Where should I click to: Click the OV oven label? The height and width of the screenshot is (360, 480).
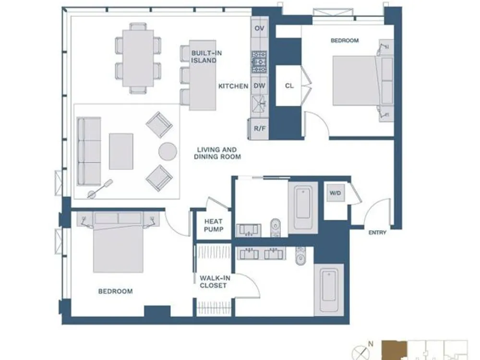point(259,28)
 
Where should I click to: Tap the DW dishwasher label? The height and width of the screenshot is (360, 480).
point(259,86)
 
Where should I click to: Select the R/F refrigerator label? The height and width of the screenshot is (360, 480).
point(260,129)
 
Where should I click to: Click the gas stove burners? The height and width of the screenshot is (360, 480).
point(259,62)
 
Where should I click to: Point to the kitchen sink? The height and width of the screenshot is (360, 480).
point(259,104)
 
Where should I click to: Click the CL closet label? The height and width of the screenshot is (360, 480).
point(289,86)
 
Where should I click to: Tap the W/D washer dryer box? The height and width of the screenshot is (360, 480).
point(336,193)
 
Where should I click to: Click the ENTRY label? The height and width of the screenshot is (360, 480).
point(377,233)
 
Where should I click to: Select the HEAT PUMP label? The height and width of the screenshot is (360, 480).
point(214,225)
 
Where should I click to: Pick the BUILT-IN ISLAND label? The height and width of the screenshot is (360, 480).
point(204,57)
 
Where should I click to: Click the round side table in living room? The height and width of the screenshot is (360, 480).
point(168,152)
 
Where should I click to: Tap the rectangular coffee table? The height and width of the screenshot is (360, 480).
point(121,151)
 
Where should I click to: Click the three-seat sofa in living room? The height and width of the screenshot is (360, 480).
point(89,151)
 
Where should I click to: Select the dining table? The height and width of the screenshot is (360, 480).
point(138,58)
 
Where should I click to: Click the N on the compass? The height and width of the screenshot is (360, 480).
point(371,344)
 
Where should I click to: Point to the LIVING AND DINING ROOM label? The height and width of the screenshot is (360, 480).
point(217,153)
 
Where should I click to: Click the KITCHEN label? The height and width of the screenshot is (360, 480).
point(233,86)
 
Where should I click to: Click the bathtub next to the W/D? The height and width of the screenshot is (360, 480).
point(303,207)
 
